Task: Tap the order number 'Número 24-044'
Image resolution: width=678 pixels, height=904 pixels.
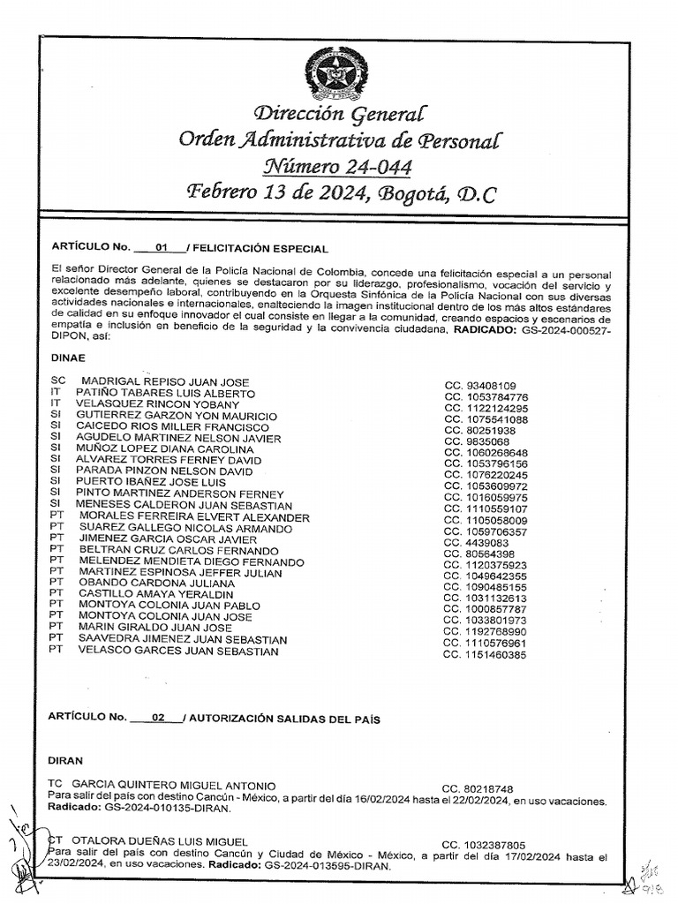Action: tap(339, 165)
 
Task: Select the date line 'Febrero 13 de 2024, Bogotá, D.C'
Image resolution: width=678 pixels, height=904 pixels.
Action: tap(339, 192)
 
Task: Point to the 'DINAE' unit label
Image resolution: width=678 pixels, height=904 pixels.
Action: tap(69, 358)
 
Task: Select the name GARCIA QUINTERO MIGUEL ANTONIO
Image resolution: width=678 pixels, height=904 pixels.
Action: tap(173, 786)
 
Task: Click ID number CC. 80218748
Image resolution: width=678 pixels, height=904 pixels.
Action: tap(478, 788)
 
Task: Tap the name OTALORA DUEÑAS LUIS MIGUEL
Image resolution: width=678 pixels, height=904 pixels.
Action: tap(159, 841)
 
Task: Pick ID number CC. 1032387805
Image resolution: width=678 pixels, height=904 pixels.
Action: tap(484, 844)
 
